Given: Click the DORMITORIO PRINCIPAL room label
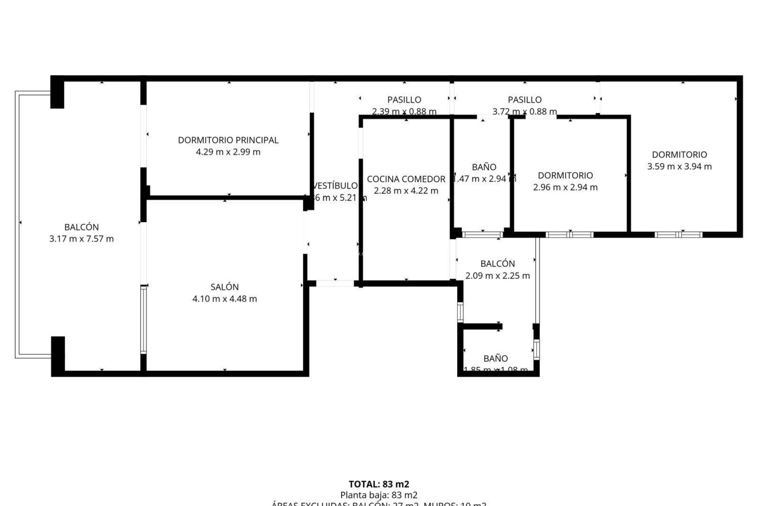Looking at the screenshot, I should pos(228,140).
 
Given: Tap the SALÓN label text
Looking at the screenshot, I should pos(224,287).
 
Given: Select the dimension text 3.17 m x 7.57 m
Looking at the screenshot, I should pos(81,239).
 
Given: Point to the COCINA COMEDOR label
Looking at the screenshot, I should pos(406,179).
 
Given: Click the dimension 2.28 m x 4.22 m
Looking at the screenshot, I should pos(406,191).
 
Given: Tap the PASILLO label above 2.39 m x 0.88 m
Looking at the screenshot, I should pos(404,100).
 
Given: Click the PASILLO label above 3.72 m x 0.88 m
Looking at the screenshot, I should pos(524,100).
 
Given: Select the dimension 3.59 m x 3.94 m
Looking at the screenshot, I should pos(679,166).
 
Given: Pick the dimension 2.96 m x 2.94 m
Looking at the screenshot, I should pos(565,187).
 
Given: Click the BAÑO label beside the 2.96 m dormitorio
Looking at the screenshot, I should pos(484,167).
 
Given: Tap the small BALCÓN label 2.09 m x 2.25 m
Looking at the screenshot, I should pos(497,264).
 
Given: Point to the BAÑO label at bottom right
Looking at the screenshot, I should pos(495,359).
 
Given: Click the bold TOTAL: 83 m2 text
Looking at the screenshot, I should pos(379,484).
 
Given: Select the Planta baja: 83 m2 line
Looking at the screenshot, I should pos(379,495).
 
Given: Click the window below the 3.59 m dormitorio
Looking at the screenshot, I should pos(678,235).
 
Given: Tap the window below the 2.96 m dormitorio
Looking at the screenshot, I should pos(569,235).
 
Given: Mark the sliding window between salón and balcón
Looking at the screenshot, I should pos(143,319).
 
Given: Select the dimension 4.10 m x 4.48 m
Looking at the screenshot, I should pos(224,299).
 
